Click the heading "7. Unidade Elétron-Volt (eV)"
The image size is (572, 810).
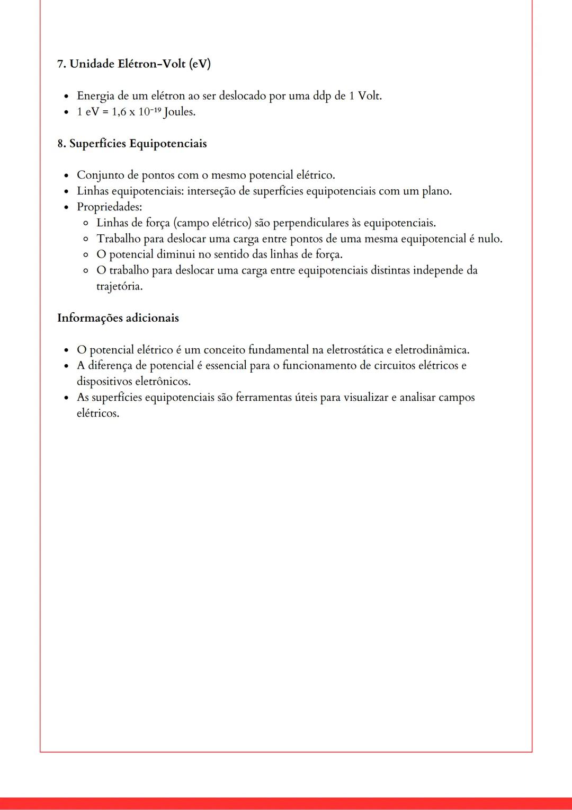click(x=134, y=64)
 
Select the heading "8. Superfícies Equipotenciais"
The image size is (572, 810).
click(x=132, y=144)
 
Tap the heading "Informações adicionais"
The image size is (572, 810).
click(x=118, y=318)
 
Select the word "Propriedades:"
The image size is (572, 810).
click(x=110, y=207)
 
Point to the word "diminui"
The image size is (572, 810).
click(x=175, y=254)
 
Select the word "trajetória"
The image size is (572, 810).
click(x=119, y=287)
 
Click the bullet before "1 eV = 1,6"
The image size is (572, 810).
click(x=66, y=112)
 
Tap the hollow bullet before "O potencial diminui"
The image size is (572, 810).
click(x=86, y=255)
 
